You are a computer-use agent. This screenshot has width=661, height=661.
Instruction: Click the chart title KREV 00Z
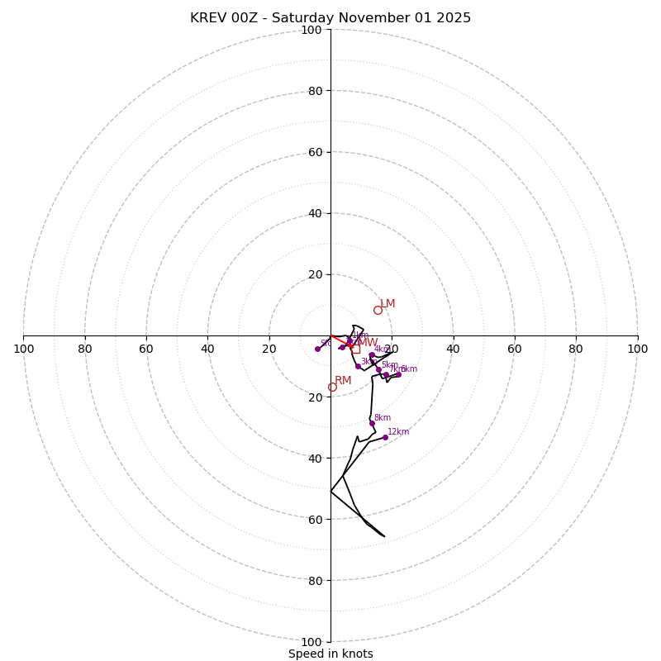(330, 18)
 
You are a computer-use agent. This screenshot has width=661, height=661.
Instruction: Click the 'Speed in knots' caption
(330, 654)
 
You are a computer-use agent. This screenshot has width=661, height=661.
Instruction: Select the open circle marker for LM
(378, 310)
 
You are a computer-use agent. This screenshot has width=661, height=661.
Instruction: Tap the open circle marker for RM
(332, 387)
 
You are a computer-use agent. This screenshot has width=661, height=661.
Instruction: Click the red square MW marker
(355, 349)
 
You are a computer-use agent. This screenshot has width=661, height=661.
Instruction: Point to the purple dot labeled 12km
(385, 437)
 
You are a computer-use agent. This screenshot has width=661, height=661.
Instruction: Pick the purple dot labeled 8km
(372, 424)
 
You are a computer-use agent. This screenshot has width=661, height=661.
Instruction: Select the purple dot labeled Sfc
(317, 349)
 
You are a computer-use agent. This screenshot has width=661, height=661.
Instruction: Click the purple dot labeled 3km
(358, 366)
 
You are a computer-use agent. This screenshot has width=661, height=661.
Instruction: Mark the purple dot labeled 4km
(372, 355)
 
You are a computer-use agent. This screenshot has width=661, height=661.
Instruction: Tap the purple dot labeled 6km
(398, 374)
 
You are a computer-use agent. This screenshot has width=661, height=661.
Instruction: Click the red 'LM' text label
(388, 303)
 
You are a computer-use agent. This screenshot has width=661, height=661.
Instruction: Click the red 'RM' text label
(343, 380)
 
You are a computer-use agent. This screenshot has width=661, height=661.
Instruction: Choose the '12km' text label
(398, 431)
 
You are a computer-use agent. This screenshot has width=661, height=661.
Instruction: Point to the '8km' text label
(383, 418)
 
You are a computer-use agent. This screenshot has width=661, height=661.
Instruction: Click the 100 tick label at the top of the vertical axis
(311, 30)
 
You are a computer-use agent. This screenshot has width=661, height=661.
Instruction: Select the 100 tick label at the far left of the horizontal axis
(23, 349)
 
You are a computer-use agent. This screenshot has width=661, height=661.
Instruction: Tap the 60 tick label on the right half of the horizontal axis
(514, 349)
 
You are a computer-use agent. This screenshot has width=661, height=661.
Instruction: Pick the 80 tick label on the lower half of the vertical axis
(314, 580)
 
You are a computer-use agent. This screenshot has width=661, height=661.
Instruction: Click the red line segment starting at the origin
(340, 340)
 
